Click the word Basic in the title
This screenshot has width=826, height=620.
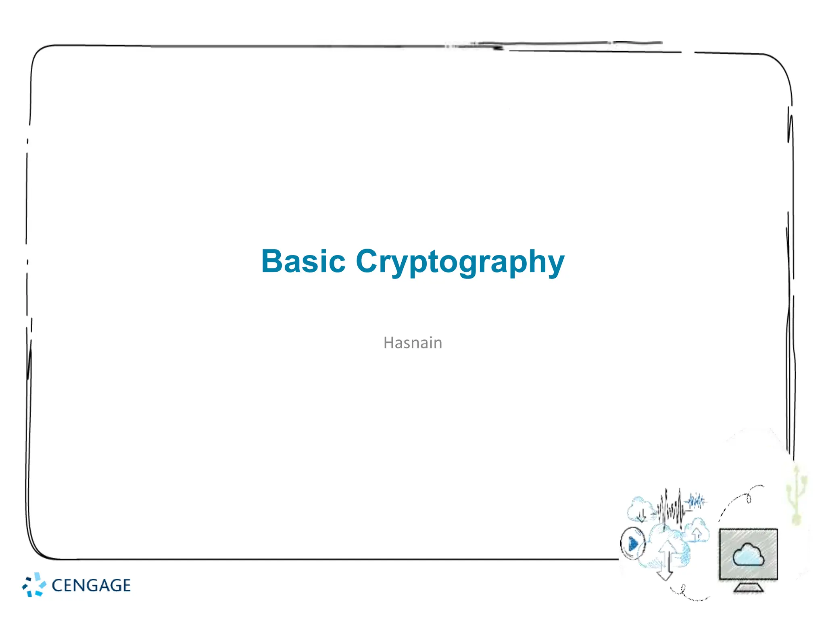(303, 262)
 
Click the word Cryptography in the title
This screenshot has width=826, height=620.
(460, 262)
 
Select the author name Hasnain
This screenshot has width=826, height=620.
(413, 343)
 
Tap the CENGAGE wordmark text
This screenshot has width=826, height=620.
(91, 585)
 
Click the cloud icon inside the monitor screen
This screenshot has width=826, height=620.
(748, 555)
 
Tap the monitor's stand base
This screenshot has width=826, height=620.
(748, 588)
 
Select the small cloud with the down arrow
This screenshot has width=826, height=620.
(639, 509)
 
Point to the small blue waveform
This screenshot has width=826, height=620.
(697, 501)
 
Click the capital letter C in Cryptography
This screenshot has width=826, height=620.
(369, 261)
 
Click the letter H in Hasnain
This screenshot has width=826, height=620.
(388, 343)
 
